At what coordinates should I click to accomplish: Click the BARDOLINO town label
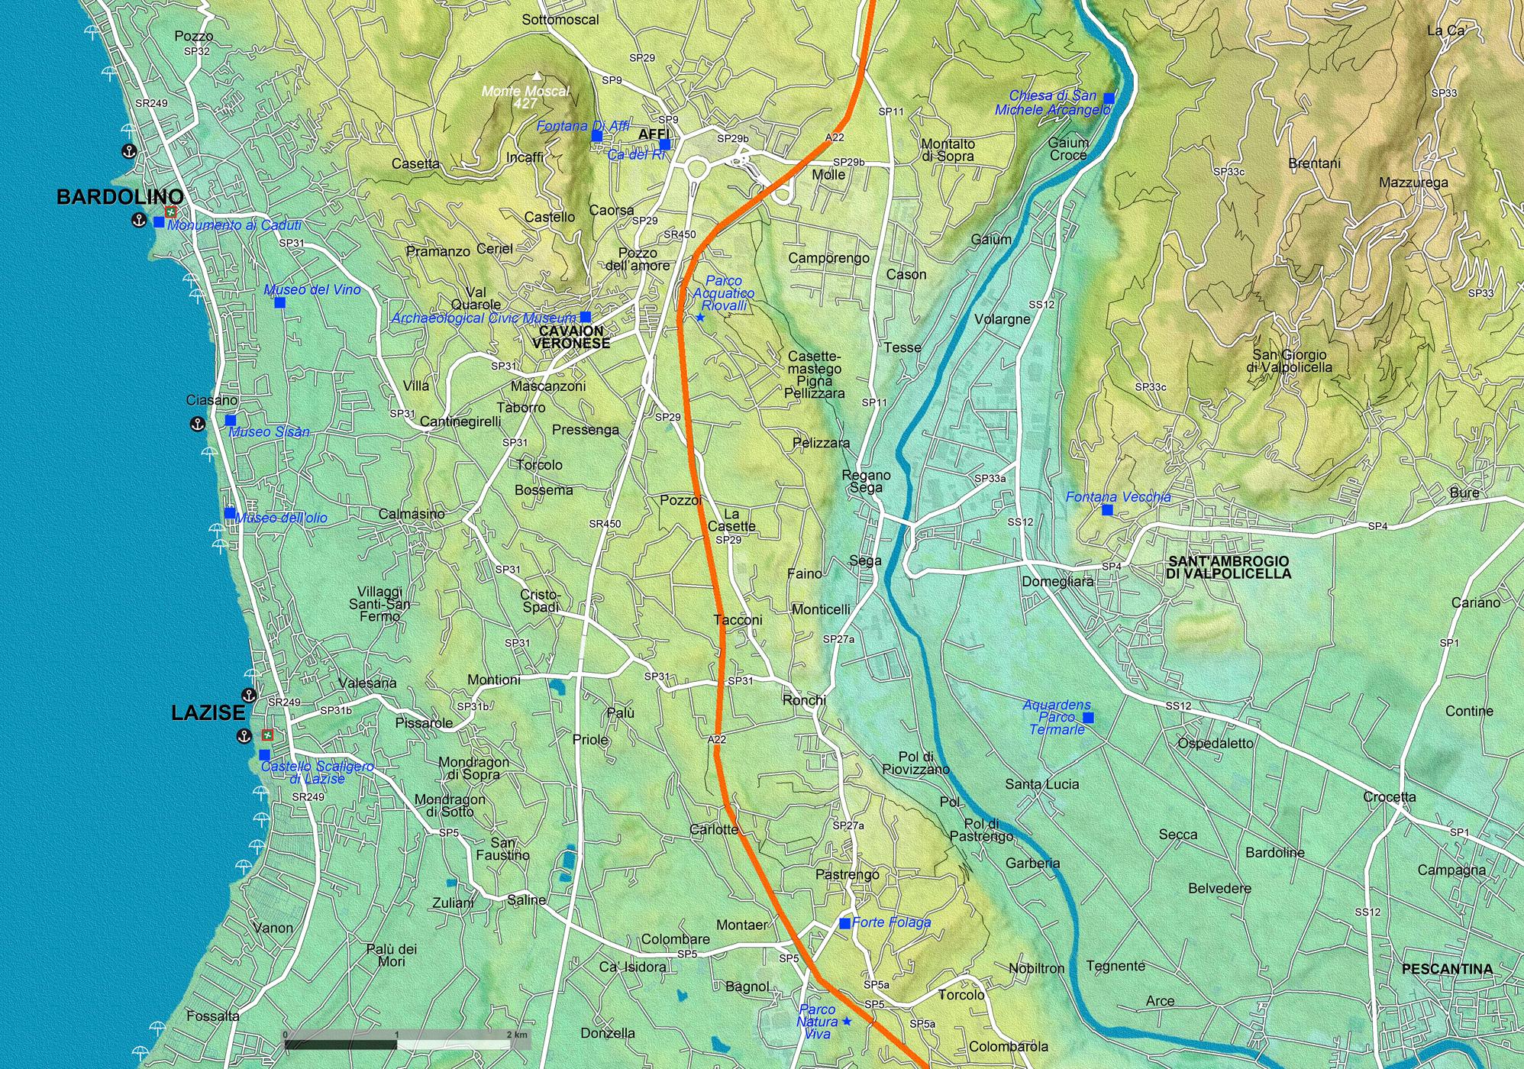coord(120,197)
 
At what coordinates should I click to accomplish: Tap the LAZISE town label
coord(208,713)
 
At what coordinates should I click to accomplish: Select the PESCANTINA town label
coord(1446,969)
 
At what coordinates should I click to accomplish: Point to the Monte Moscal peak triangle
coord(537,76)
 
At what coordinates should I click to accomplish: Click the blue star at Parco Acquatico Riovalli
coord(700,318)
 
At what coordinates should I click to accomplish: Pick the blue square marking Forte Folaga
coord(844,923)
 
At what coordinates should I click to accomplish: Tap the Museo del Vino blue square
coord(279,302)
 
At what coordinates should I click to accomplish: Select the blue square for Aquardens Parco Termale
coord(1088,717)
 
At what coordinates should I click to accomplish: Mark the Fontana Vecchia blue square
coord(1107,510)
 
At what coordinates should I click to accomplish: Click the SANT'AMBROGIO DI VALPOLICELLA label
coord(1228,567)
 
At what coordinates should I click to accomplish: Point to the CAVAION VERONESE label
coord(571,337)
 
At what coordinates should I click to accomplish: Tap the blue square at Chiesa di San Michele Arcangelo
coord(1109,98)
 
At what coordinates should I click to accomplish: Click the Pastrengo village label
coord(847,874)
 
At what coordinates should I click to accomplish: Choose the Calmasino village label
coord(412,514)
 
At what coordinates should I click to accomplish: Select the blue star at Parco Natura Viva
coord(846,1021)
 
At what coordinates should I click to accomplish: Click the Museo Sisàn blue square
coord(231,420)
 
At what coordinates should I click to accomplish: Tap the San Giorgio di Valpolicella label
coord(1289,360)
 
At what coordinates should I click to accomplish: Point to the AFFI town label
coord(654,134)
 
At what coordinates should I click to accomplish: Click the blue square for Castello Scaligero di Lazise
coord(264,754)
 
